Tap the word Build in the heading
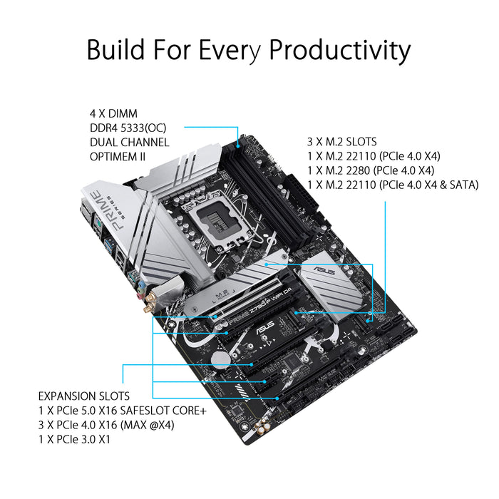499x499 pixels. pyautogui.click(x=116, y=50)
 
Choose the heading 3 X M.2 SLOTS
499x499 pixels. pyautogui.click(x=342, y=142)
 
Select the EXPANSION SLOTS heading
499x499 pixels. pyautogui.click(x=84, y=395)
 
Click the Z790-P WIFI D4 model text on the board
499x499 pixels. pyautogui.click(x=272, y=316)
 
